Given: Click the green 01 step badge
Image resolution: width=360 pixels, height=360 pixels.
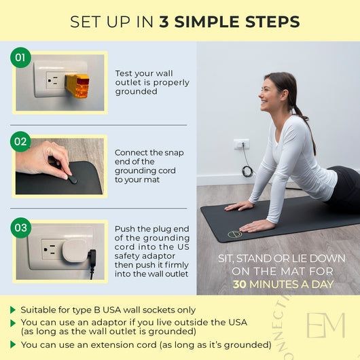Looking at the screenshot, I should pos(21,58).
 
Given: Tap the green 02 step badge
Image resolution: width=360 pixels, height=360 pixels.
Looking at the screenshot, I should pos(21,142).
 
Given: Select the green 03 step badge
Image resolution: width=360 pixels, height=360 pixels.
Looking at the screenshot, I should pos(21,227).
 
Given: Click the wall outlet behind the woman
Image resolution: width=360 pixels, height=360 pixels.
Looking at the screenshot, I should pos(241,145).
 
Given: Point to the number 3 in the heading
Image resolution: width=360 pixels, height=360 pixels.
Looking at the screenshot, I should pos(164,22).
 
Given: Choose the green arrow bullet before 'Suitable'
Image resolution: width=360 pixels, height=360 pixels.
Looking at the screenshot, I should pos(13,310).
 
